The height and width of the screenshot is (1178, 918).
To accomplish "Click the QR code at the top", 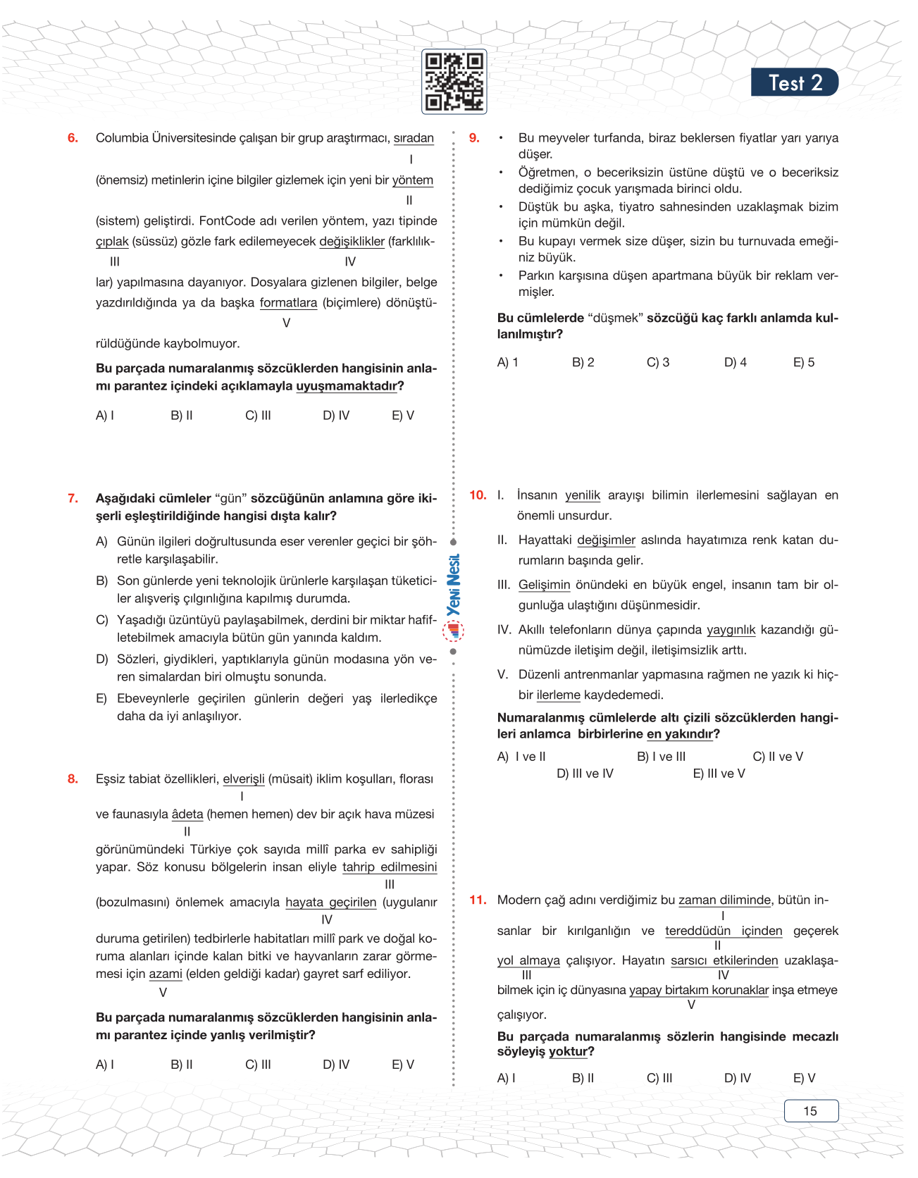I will [x=454, y=82].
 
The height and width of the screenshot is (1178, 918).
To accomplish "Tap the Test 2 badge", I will [x=795, y=82].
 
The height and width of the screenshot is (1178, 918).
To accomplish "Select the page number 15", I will [x=810, y=1110].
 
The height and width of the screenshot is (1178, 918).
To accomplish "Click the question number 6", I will [x=73, y=138].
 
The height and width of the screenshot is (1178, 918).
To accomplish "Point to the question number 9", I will [x=474, y=138].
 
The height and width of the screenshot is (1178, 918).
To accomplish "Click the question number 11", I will [x=478, y=900].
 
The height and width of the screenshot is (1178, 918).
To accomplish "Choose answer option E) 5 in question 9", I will [x=803, y=362].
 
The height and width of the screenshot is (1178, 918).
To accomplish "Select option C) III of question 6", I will [x=258, y=416].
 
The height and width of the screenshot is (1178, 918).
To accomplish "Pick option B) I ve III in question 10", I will [x=661, y=757].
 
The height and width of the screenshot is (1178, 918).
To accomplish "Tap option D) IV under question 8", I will [x=336, y=1065].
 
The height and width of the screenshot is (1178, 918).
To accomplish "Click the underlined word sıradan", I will [x=414, y=138].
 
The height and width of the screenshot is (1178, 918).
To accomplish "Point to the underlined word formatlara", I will [x=288, y=303].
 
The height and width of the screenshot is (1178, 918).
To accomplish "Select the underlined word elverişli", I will [x=244, y=779].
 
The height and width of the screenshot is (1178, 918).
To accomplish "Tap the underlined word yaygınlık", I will [x=731, y=630].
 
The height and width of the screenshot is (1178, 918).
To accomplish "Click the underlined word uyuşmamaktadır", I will [x=347, y=386].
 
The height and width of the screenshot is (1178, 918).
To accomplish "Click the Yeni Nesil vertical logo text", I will [x=454, y=585].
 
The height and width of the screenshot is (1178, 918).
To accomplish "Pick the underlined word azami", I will [x=166, y=974].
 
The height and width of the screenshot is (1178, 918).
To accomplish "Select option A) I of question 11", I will [x=506, y=1078].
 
